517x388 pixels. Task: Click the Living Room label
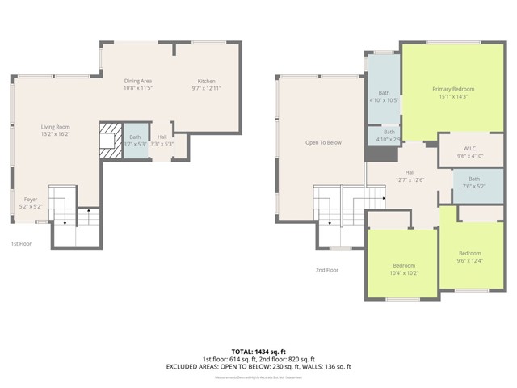click(x=56, y=127)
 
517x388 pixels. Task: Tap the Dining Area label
click(x=138, y=81)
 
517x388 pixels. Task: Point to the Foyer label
click(x=30, y=199)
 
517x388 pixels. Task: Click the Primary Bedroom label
click(x=452, y=88)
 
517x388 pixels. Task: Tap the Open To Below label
click(x=323, y=143)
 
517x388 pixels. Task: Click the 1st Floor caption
click(x=22, y=243)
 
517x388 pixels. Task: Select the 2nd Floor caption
click(x=328, y=270)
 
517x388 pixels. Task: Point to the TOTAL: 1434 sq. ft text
click(x=258, y=350)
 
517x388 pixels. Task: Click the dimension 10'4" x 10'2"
click(x=404, y=272)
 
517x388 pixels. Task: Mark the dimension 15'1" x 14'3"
click(x=452, y=96)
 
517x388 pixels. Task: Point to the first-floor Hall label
click(x=162, y=137)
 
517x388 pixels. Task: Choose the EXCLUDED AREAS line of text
click(x=258, y=366)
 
